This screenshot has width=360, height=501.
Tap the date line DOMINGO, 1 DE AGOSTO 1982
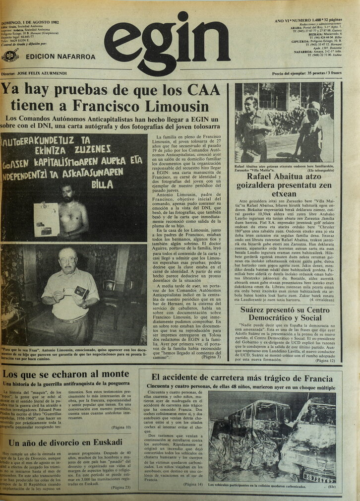point(29,22)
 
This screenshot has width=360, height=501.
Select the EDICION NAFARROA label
point(60,57)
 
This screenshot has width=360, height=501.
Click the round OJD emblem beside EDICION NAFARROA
point(10,55)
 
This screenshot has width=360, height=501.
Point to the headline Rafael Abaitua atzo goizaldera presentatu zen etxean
point(284,185)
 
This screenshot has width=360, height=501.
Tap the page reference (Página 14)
point(193,484)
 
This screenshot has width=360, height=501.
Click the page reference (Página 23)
point(120,488)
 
